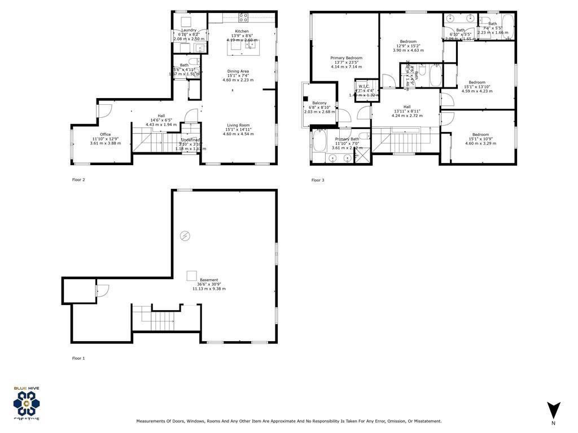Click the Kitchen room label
pyautogui.click(x=242, y=32)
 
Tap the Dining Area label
pyautogui.click(x=238, y=71)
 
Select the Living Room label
pyautogui.click(x=238, y=125)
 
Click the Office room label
pyautogui.click(x=105, y=134)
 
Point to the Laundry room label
pyautogui.click(x=189, y=30)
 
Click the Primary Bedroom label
pyautogui.click(x=346, y=58)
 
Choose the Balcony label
pyautogui.click(x=319, y=103)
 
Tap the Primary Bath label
pyautogui.click(x=347, y=139)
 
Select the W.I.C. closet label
pyautogui.click(x=364, y=86)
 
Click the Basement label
pyautogui.click(x=209, y=280)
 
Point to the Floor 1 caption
pyautogui.click(x=78, y=358)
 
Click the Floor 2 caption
pyautogui.click(x=78, y=180)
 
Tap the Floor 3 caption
pyautogui.click(x=318, y=180)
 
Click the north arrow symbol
pyautogui.click(x=553, y=410)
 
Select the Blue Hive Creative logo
pyautogui.click(x=27, y=403)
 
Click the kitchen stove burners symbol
pyautogui.click(x=243, y=17)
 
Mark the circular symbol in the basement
pyautogui.click(x=185, y=236)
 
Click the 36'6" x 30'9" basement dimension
pyautogui.click(x=209, y=285)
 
